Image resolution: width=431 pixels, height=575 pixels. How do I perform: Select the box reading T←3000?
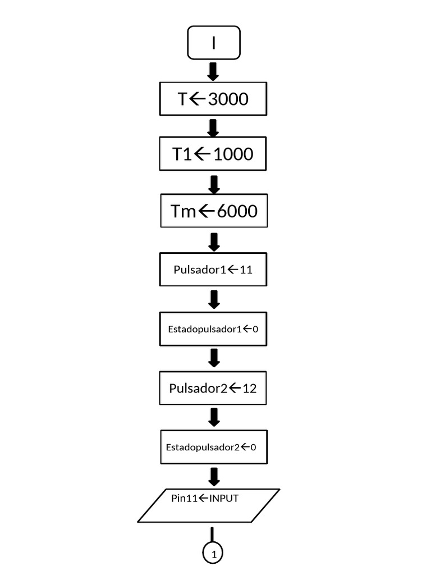pyautogui.click(x=213, y=99)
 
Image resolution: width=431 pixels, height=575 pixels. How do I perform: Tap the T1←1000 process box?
pyautogui.click(x=213, y=153)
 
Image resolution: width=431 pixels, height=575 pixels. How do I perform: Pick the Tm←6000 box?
pyautogui.click(x=213, y=211)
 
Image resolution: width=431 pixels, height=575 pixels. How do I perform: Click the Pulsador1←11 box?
pyautogui.click(x=213, y=270)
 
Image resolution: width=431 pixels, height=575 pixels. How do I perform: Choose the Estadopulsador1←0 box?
pyautogui.click(x=213, y=328)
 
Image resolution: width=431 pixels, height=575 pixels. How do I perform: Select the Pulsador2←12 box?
pyautogui.click(x=213, y=387)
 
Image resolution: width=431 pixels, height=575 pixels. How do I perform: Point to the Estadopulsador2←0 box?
pyautogui.click(x=213, y=447)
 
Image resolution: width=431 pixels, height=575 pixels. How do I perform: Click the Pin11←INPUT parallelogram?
pyautogui.click(x=208, y=505)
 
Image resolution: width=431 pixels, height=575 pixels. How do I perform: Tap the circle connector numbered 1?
pyautogui.click(x=213, y=554)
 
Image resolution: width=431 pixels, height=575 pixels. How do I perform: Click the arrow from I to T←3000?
pyautogui.click(x=213, y=71)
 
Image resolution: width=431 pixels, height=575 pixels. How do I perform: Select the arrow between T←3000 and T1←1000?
pyautogui.click(x=213, y=127)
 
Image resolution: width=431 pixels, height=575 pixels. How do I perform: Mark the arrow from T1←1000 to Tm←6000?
pyautogui.click(x=213, y=184)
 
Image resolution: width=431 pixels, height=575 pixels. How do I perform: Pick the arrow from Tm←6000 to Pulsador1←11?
pyautogui.click(x=213, y=241)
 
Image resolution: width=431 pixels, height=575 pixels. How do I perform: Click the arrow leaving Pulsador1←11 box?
pyautogui.click(x=213, y=299)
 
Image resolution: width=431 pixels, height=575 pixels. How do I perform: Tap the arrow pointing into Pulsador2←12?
pyautogui.click(x=213, y=358)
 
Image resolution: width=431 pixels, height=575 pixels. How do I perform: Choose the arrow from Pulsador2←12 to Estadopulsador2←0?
pyautogui.click(x=213, y=417)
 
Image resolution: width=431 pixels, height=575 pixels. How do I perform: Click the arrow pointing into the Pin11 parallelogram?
pyautogui.click(x=213, y=476)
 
